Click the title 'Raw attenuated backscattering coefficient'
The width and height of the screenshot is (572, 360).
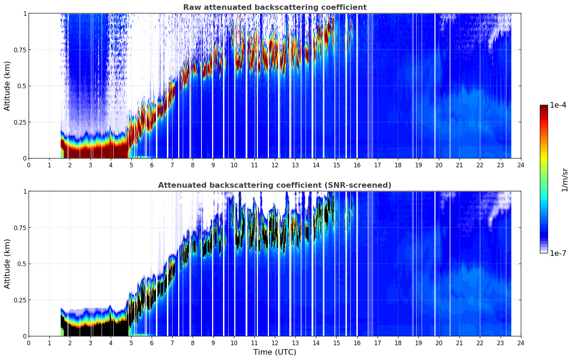click(275, 7)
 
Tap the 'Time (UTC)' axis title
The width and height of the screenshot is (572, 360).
click(275, 352)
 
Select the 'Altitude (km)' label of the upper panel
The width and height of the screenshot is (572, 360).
click(7, 86)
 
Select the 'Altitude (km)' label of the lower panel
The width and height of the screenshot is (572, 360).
click(7, 264)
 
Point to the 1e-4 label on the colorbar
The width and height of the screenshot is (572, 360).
click(558, 105)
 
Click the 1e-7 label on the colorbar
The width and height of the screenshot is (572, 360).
click(558, 253)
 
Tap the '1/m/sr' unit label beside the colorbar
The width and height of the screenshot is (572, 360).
click(565, 180)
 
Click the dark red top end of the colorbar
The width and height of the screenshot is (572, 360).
click(544, 107)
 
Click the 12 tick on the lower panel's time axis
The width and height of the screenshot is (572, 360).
click(275, 343)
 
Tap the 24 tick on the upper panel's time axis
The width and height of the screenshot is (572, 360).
click(521, 165)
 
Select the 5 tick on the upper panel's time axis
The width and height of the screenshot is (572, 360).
click(131, 165)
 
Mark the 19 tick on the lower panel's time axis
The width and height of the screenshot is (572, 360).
click(418, 343)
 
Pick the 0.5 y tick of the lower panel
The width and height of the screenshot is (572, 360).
click(22, 264)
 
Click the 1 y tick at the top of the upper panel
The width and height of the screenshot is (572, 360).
click(25, 13)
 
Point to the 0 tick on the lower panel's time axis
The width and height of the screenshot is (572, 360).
click(29, 343)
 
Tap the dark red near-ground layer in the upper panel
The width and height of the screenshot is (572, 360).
click(92, 153)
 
